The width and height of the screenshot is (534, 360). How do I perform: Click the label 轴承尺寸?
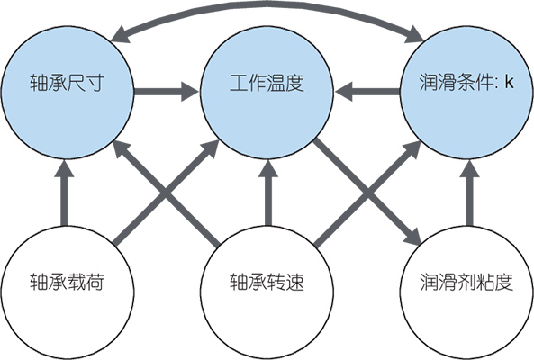click(x=67, y=83)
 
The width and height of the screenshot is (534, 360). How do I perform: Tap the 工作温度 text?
click(x=267, y=83)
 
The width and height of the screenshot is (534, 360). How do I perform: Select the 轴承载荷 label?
click(x=67, y=282)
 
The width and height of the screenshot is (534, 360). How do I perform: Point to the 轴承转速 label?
click(x=267, y=282)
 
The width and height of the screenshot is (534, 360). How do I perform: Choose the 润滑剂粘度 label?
click(x=466, y=282)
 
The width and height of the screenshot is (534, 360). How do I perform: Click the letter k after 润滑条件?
click(x=510, y=82)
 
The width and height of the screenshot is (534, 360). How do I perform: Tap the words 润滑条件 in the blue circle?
click(x=457, y=83)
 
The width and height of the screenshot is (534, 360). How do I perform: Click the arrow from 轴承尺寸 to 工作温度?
click(x=167, y=91)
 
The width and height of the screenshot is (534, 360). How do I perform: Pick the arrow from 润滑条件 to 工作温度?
click(x=367, y=91)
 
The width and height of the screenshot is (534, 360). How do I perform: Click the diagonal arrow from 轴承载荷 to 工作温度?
click(x=166, y=193)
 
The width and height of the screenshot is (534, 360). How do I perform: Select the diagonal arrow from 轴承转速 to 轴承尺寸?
click(x=166, y=193)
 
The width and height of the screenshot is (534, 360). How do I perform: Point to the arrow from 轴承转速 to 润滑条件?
click(x=367, y=193)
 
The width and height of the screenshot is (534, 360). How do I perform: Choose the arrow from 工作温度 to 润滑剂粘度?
click(x=367, y=192)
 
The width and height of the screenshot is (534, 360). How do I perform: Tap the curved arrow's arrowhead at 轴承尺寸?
click(x=120, y=35)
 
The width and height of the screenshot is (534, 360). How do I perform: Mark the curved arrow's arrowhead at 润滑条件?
click(x=414, y=35)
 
